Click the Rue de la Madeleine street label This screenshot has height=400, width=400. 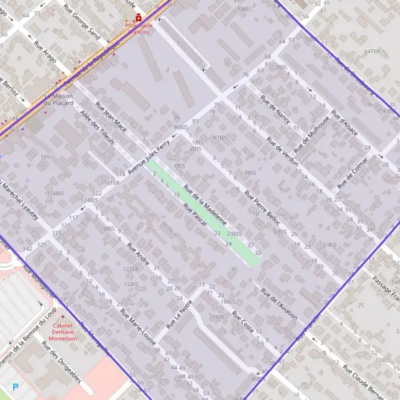205,204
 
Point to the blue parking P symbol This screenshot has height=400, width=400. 16,386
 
